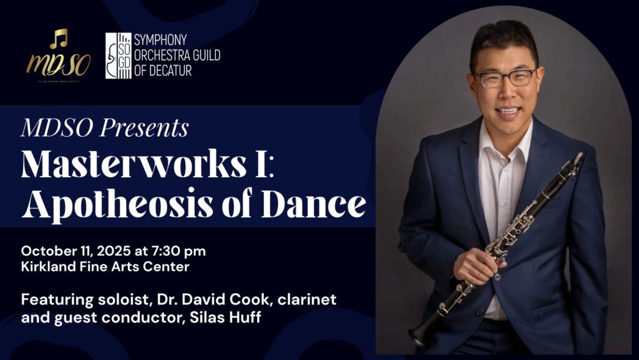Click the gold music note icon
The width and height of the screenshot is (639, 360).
pyautogui.click(x=59, y=38)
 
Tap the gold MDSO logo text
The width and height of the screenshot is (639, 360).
pyautogui.click(x=59, y=64)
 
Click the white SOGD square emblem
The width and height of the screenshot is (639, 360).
pyautogui.click(x=118, y=56)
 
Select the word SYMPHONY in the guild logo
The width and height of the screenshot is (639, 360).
pyautogui.click(x=160, y=41)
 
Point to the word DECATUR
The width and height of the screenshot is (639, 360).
pyautogui.click(x=170, y=71)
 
